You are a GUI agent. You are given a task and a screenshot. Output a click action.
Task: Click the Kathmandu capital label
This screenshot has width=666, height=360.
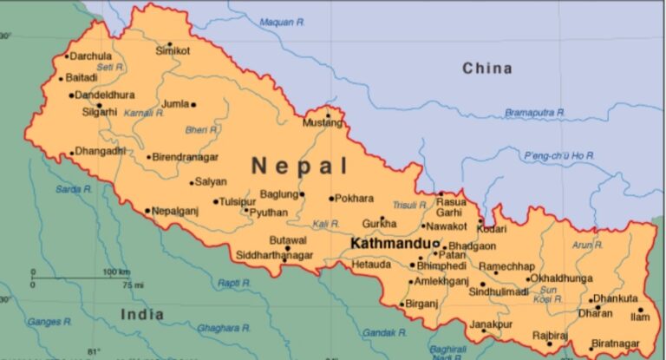[391, 244]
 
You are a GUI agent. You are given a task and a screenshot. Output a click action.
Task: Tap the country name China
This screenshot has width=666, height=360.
[486, 68]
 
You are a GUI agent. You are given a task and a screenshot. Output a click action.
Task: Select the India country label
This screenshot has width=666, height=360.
[141, 313]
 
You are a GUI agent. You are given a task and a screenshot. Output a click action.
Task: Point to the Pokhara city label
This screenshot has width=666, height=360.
[354, 198]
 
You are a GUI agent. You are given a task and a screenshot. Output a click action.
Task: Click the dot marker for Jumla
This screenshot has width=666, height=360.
[193, 105]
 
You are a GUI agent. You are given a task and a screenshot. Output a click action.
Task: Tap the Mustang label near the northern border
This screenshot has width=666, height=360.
[317, 123]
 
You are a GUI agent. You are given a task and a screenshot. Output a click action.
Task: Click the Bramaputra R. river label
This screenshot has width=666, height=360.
[535, 112]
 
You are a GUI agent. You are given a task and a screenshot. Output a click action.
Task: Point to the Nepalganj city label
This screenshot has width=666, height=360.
[176, 211]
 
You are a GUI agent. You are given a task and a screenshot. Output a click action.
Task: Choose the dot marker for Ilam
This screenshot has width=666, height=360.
[641, 310]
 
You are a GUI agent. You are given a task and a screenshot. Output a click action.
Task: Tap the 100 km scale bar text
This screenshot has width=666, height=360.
[116, 272]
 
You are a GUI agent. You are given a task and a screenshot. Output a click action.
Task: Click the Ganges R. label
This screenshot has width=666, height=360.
[43, 321]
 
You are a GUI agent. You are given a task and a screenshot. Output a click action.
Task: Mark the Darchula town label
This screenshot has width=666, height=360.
[91, 56]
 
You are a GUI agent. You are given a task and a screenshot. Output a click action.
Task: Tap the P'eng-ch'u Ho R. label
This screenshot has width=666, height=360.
[559, 154]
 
